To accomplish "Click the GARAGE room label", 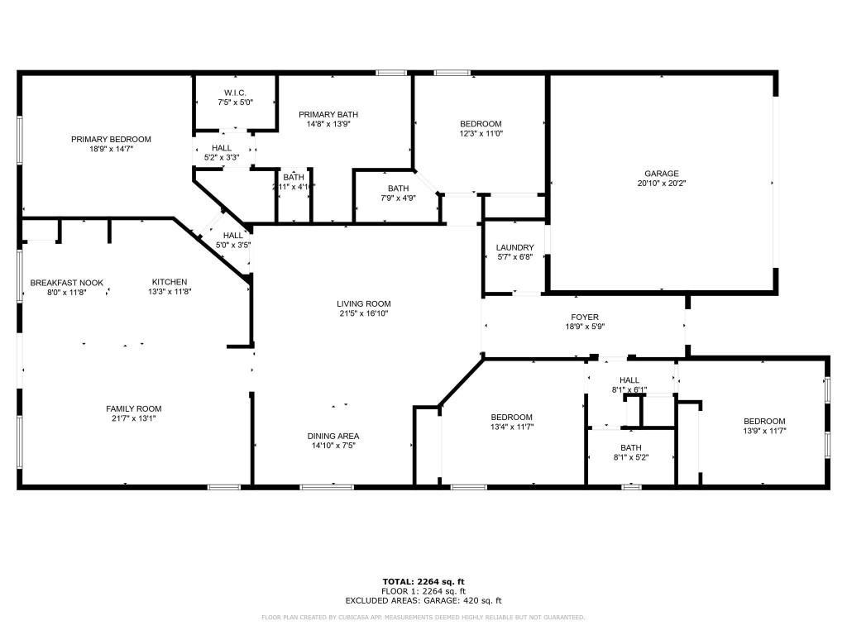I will point(661,174).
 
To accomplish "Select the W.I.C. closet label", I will point(235,92).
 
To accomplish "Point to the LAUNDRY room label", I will point(514,247).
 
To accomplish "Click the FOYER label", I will point(584,317).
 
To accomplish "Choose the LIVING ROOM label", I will point(363,303).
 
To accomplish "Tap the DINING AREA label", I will point(333,436).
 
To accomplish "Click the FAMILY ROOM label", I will point(133,408).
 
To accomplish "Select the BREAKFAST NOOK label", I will point(66,282).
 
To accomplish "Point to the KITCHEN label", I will point(169,282).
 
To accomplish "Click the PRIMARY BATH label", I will point(328,114).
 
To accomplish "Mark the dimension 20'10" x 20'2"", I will point(661,184).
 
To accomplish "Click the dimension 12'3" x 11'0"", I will point(481,133).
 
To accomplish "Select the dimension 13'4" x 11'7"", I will point(511,427).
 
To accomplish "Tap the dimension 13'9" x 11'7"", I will point(763,430).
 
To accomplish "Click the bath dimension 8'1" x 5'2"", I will point(631,457).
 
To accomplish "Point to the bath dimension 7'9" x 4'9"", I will point(398,198).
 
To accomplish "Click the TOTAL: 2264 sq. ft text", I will point(423,580).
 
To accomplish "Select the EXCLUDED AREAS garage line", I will point(423,601).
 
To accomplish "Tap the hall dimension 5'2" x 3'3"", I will point(221,157).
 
